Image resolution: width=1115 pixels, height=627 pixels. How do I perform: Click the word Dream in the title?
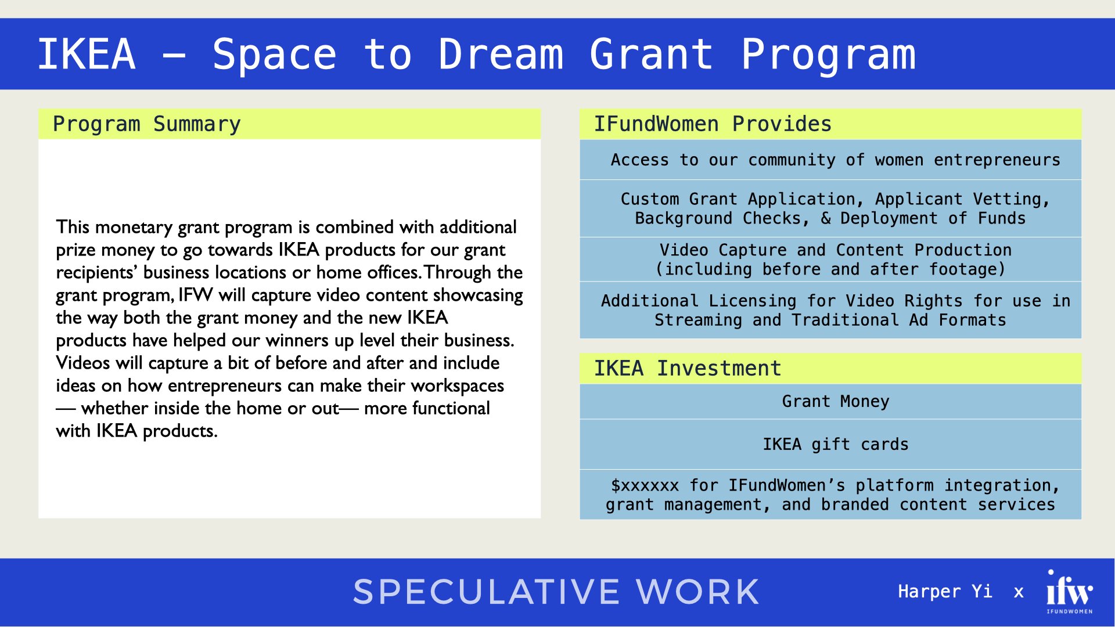coord(501,54)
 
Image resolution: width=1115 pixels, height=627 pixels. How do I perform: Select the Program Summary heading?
coord(146,124)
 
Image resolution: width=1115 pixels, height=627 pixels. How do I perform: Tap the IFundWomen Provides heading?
coord(712,124)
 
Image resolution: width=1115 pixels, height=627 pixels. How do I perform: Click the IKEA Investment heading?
coord(687,369)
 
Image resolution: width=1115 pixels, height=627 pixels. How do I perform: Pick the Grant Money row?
coord(835,401)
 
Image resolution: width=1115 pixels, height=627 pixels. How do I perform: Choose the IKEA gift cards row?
coord(835,444)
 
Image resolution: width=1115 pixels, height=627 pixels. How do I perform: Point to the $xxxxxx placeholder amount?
coord(645,485)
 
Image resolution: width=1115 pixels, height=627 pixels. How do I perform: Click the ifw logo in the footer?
coord(1069,591)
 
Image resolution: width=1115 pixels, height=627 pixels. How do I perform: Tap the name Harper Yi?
coord(945,592)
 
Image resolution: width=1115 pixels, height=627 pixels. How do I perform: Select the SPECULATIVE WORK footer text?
coord(556,592)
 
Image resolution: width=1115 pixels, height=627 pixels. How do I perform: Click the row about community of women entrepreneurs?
coord(835,160)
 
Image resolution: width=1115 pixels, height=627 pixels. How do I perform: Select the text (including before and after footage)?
coord(830,269)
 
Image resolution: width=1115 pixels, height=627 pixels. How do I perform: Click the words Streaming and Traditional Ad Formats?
coord(830,320)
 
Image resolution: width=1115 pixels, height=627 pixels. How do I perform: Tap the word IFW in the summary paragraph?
coord(196,295)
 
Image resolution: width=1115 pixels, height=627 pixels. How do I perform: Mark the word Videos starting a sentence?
coord(82,363)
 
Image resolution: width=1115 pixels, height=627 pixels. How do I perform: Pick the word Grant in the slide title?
coord(651,54)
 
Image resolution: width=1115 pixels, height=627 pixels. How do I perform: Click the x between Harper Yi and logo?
coord(1019,592)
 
